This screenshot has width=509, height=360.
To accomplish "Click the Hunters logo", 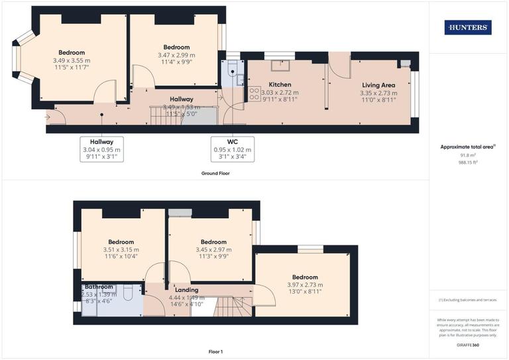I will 468,27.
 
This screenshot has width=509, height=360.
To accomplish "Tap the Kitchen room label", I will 280,85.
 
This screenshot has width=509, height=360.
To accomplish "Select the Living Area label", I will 378,85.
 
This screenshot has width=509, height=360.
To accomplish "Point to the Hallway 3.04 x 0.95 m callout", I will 101,149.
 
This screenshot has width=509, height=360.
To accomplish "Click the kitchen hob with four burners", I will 254,94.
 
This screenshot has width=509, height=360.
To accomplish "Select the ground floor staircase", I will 161,117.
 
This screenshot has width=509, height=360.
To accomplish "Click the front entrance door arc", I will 58,117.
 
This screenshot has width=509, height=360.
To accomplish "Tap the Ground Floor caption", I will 215,173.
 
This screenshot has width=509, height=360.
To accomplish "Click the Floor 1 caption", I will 215,352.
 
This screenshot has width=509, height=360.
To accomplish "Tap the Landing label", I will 186,290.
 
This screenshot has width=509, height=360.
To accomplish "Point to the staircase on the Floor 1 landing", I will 233,306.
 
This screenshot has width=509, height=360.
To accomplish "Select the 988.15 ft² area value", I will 468,162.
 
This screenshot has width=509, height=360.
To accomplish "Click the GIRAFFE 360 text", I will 468,346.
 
